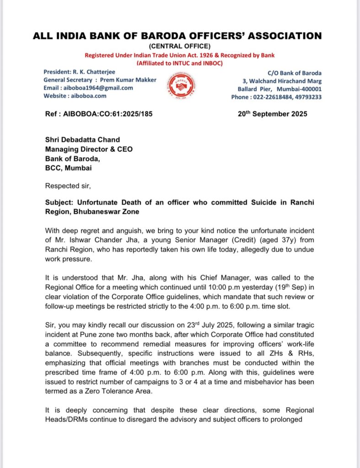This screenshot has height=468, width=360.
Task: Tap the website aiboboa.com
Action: point(88,96)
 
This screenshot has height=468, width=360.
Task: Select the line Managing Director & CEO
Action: point(89,149)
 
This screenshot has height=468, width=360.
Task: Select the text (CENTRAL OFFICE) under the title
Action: point(180,46)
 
